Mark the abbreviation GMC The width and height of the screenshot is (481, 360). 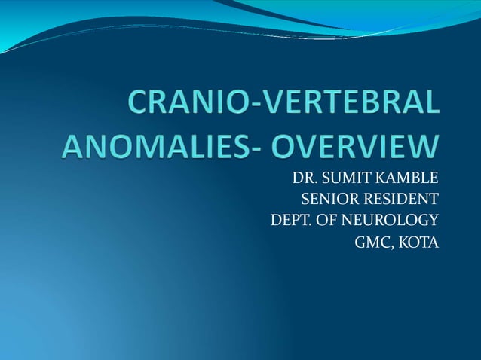pos(367,243)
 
